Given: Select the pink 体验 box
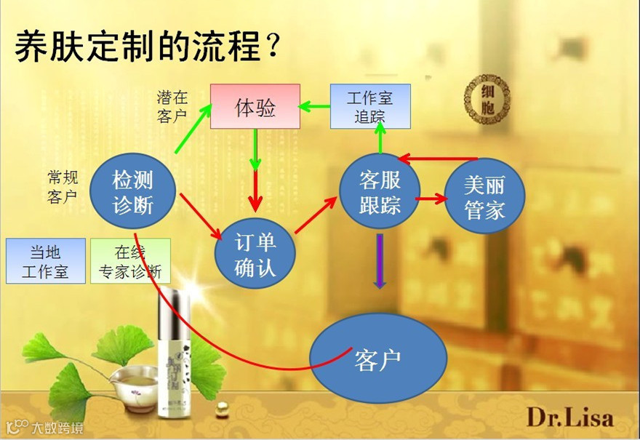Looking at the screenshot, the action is click(255, 107).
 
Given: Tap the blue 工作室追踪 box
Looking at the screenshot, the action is click(370, 106).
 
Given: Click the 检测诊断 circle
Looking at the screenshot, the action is click(133, 191).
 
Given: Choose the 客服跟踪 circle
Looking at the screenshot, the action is click(380, 191).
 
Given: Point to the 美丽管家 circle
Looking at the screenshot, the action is click(484, 197).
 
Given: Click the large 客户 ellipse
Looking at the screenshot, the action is click(378, 357).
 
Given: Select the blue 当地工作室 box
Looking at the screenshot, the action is click(44, 260).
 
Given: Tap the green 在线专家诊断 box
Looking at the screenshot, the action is click(130, 260).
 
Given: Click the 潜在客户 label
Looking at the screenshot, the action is click(172, 107).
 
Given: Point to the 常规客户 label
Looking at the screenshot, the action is click(63, 187).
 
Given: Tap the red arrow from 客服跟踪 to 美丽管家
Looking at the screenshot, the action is click(430, 197).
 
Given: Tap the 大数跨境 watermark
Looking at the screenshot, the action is click(44, 427).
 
